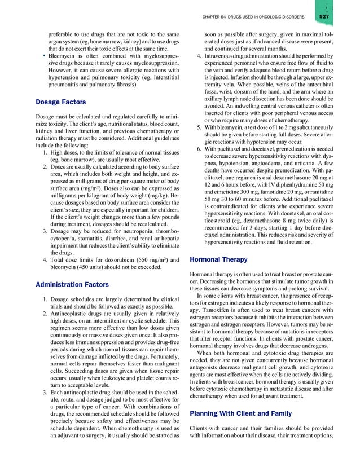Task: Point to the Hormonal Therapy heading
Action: click(218, 260)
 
